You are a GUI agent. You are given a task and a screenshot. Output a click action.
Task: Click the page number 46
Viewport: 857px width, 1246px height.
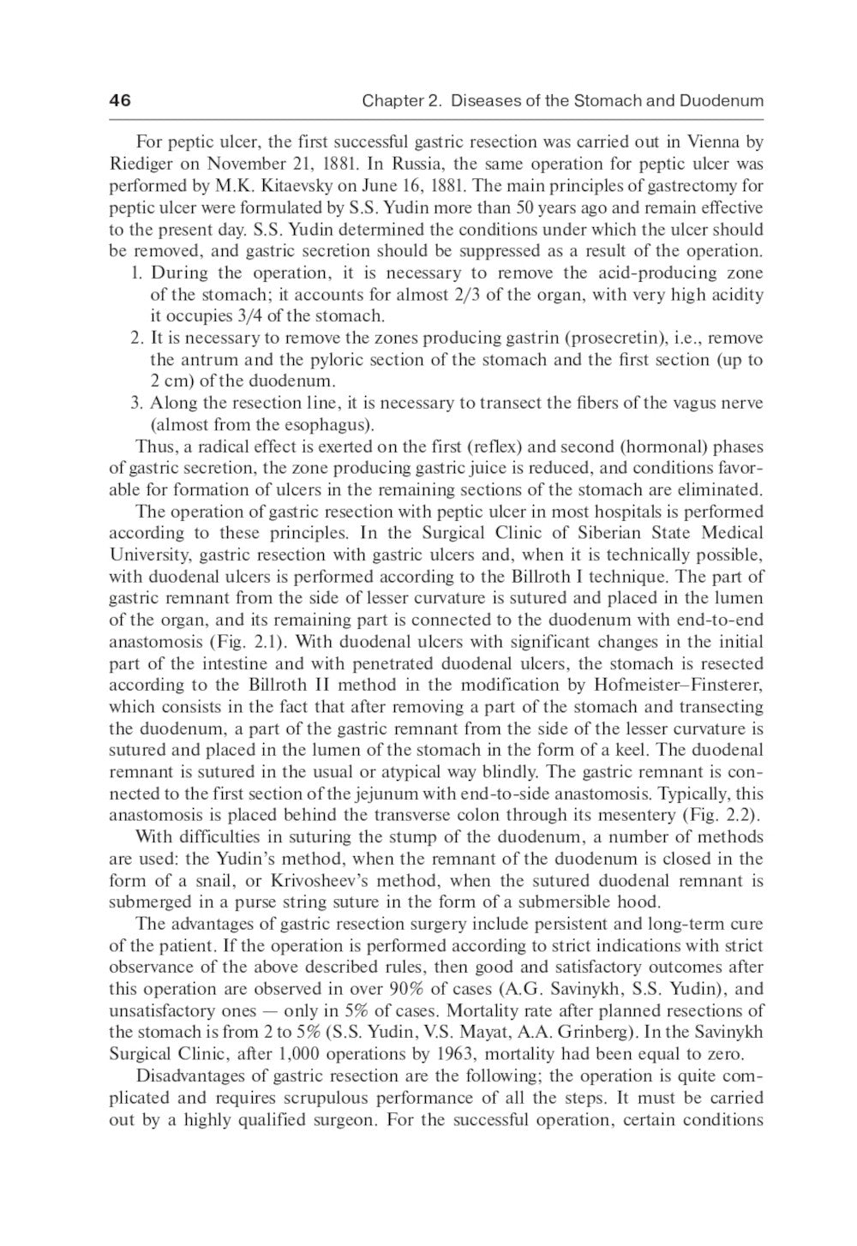[x=120, y=101]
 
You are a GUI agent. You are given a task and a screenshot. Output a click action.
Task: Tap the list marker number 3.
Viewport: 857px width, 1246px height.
[x=136, y=404]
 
